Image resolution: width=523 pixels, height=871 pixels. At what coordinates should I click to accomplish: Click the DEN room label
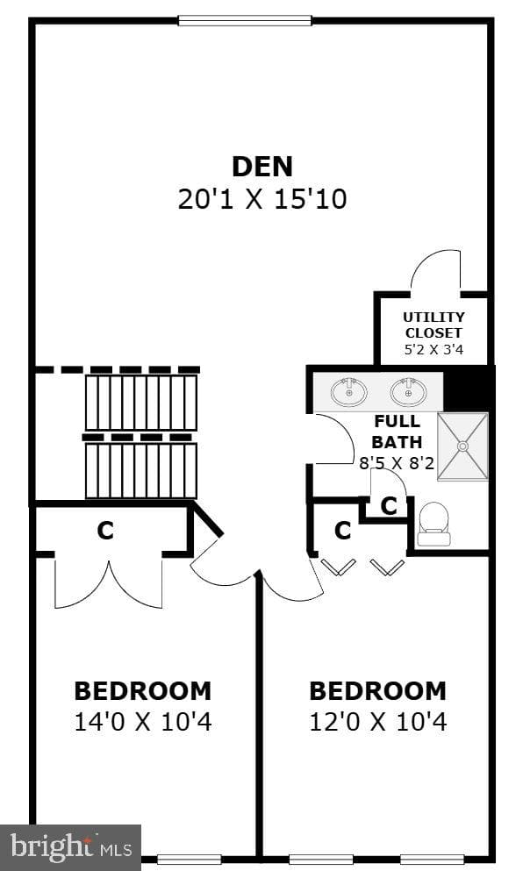tap(261, 167)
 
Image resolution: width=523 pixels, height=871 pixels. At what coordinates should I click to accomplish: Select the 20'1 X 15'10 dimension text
tap(262, 199)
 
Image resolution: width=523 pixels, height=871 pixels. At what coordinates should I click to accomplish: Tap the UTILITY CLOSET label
tap(433, 325)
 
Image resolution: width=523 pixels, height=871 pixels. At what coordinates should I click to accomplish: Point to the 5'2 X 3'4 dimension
tap(433, 350)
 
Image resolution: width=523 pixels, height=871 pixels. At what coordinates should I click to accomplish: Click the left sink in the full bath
tap(349, 391)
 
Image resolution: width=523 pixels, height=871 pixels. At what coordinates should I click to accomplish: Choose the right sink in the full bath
tap(408, 391)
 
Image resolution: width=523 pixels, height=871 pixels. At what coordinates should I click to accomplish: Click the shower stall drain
tap(462, 446)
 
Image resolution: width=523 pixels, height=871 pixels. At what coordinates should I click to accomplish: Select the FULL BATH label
tap(397, 432)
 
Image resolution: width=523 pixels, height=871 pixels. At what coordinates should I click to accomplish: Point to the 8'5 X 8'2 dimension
tap(397, 462)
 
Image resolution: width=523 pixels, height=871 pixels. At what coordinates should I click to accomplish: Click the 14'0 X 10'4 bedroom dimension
tap(143, 722)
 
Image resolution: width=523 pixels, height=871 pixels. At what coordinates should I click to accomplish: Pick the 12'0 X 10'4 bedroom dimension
tap(378, 722)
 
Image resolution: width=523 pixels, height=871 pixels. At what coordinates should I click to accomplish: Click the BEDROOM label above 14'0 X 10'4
tap(143, 691)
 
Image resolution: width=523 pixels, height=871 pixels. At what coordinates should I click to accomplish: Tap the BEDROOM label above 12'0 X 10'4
tap(378, 691)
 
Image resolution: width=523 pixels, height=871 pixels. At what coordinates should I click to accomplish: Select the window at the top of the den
tap(245, 20)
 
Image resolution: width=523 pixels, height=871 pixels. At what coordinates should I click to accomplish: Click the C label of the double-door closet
tap(105, 531)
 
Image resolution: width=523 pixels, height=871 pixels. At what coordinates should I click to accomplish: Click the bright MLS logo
tap(70, 847)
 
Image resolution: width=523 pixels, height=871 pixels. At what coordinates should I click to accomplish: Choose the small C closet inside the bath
tap(390, 506)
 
